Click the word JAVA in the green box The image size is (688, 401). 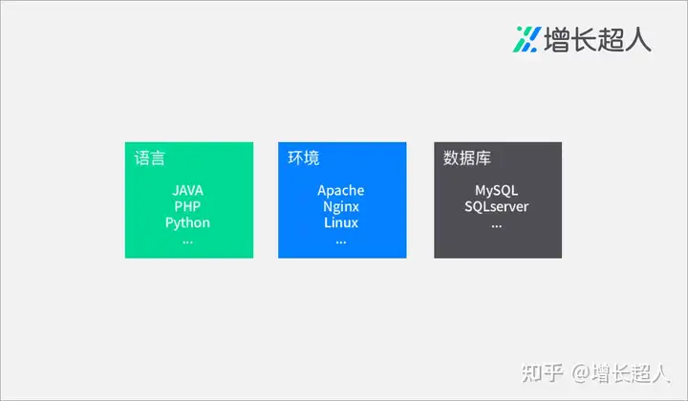click(188, 191)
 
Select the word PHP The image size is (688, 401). click(187, 206)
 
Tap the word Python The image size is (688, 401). click(187, 223)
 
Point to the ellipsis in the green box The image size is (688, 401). click(187, 242)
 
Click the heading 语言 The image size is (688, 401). click(150, 158)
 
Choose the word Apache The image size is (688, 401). click(341, 191)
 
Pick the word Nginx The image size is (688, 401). click(341, 207)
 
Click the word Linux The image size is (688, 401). click(341, 222)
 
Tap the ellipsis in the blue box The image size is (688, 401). click(341, 242)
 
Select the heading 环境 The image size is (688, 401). click(304, 158)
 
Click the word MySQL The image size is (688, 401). click(496, 191)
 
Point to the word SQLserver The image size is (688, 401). click(496, 206)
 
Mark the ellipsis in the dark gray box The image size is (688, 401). click(496, 226)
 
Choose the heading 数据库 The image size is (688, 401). click(467, 158)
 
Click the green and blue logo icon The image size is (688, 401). click(527, 39)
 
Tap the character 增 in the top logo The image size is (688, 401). click(557, 39)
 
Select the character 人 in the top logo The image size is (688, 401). click(638, 39)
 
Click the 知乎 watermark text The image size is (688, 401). click(543, 373)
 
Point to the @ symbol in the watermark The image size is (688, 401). click(581, 373)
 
